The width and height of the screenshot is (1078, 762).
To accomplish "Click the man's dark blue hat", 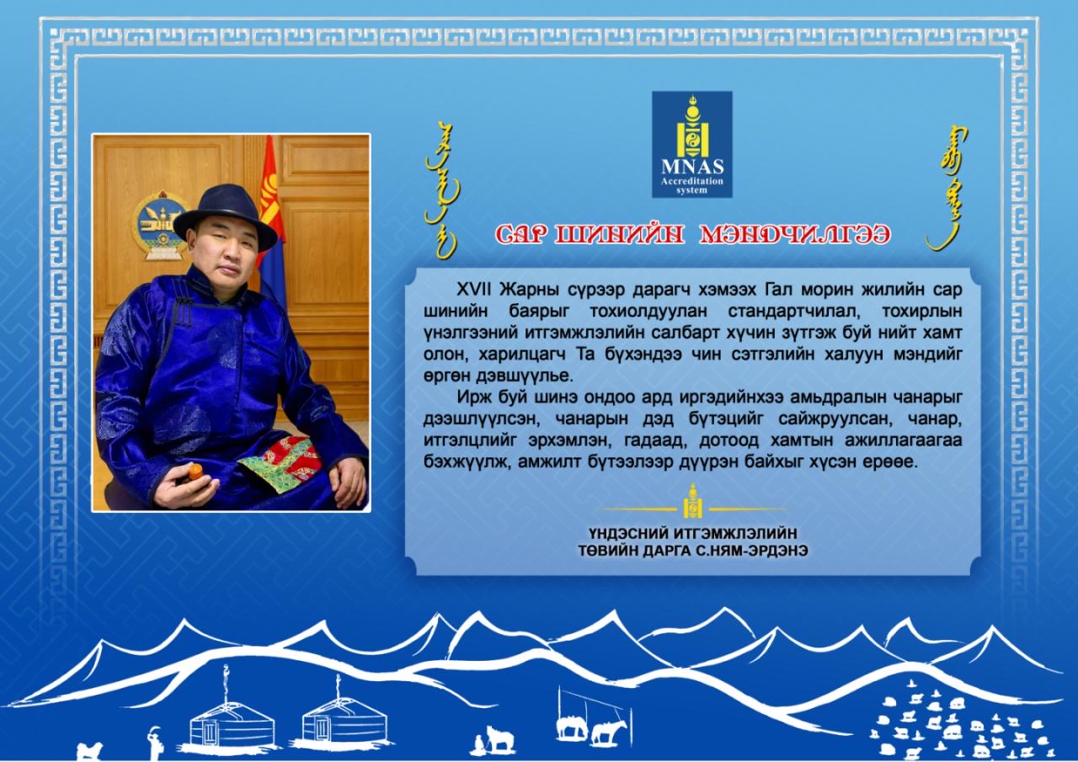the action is [225, 216].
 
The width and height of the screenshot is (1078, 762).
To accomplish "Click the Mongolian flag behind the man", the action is [272, 216].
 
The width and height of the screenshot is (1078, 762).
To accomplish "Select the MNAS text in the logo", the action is [692, 167].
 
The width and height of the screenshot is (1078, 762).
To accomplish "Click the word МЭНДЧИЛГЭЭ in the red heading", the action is [794, 235].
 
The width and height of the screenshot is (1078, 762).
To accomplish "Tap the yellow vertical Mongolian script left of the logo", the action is [443, 189].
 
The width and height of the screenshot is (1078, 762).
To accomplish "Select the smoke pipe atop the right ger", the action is [338, 685].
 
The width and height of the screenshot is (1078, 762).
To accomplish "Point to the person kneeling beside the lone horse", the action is [479, 743].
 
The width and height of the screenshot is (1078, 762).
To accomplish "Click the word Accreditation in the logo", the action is [692, 181].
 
